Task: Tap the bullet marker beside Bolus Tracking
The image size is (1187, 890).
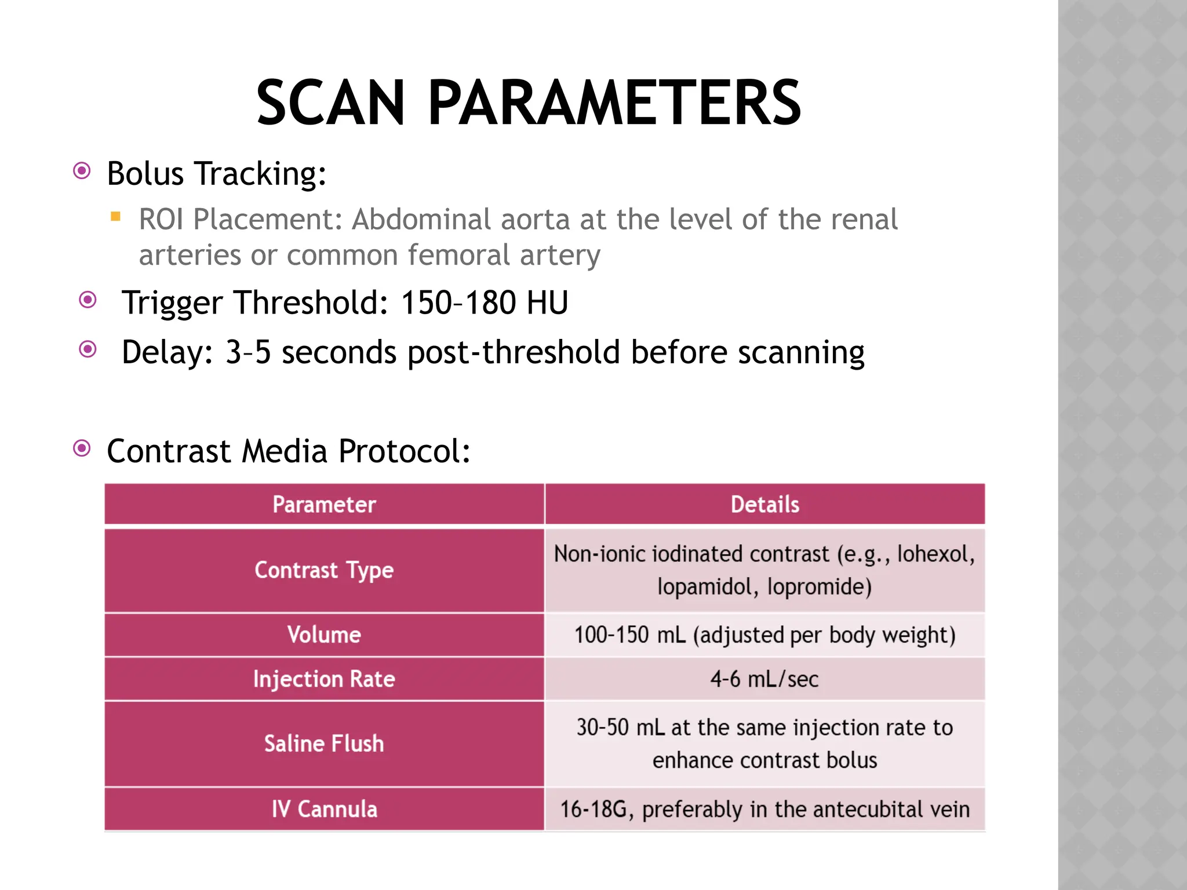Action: point(82,171)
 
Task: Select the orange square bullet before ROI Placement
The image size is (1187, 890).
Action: point(115,217)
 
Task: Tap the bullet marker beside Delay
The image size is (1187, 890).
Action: point(88,349)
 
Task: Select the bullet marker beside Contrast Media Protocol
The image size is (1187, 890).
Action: point(82,448)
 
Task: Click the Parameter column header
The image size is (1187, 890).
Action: point(324,505)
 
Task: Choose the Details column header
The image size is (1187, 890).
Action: point(764,505)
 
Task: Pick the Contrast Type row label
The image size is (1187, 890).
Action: point(324,570)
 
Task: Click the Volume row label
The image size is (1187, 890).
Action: point(324,634)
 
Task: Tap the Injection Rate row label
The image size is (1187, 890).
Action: point(324,679)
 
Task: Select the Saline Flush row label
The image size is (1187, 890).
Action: point(324,743)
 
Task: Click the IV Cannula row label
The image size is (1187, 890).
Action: point(324,809)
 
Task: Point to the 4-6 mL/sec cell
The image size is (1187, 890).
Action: point(764,679)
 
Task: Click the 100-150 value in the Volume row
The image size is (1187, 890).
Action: point(611,635)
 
